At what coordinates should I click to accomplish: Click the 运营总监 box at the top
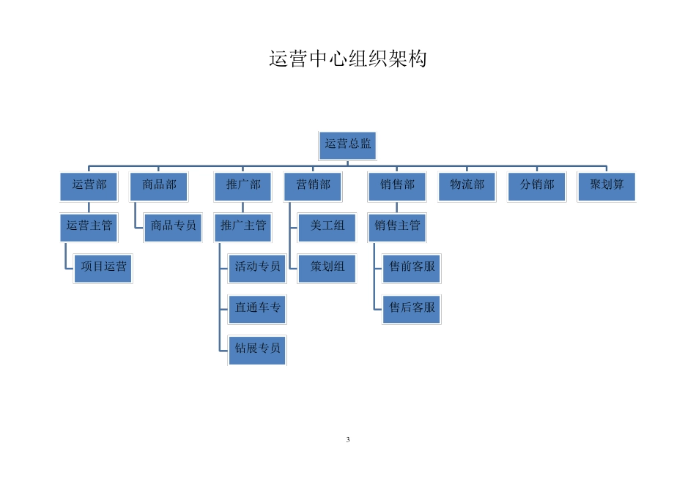click(x=348, y=144)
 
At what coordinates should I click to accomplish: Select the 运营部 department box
click(x=89, y=185)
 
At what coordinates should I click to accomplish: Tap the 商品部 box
click(x=159, y=185)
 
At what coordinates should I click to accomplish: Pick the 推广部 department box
click(x=243, y=185)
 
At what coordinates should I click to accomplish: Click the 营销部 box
click(x=313, y=185)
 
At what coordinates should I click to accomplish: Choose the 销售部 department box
click(x=397, y=185)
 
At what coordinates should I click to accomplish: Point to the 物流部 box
click(x=467, y=185)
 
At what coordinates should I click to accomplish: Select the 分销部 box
click(x=537, y=185)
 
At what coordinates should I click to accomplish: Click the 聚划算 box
click(x=607, y=185)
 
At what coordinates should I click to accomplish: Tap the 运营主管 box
click(x=89, y=226)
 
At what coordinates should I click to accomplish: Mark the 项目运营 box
click(x=103, y=267)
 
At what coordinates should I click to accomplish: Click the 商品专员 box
click(x=173, y=226)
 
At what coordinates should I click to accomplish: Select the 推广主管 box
click(x=243, y=226)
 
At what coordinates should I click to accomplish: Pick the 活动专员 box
click(x=257, y=267)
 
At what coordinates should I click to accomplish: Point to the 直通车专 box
click(x=257, y=308)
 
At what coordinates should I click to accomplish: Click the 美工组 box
click(x=327, y=226)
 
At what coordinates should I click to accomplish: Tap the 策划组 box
click(x=327, y=267)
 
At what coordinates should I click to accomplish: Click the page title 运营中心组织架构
click(x=348, y=59)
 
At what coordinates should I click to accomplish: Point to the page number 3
click(x=348, y=439)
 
